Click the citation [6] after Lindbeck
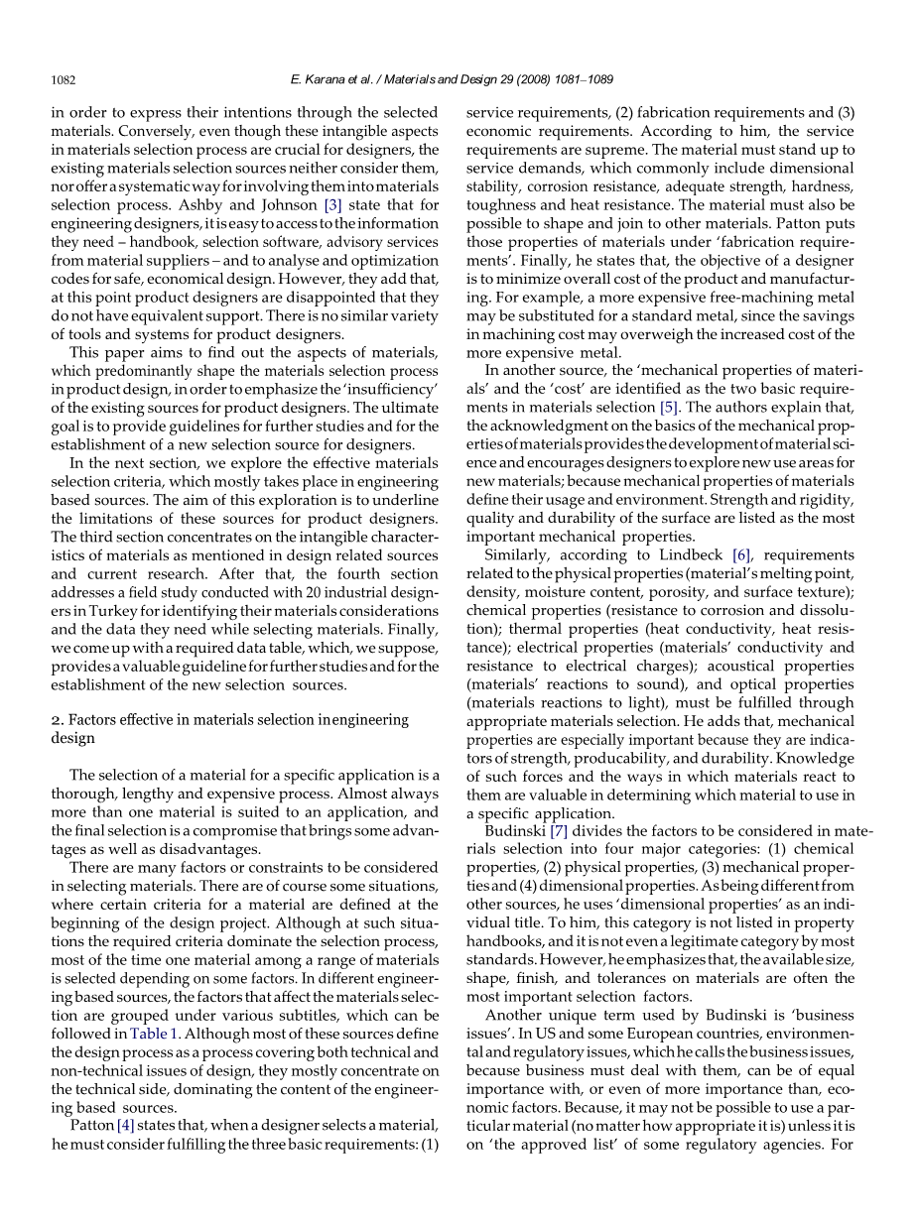741,554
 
